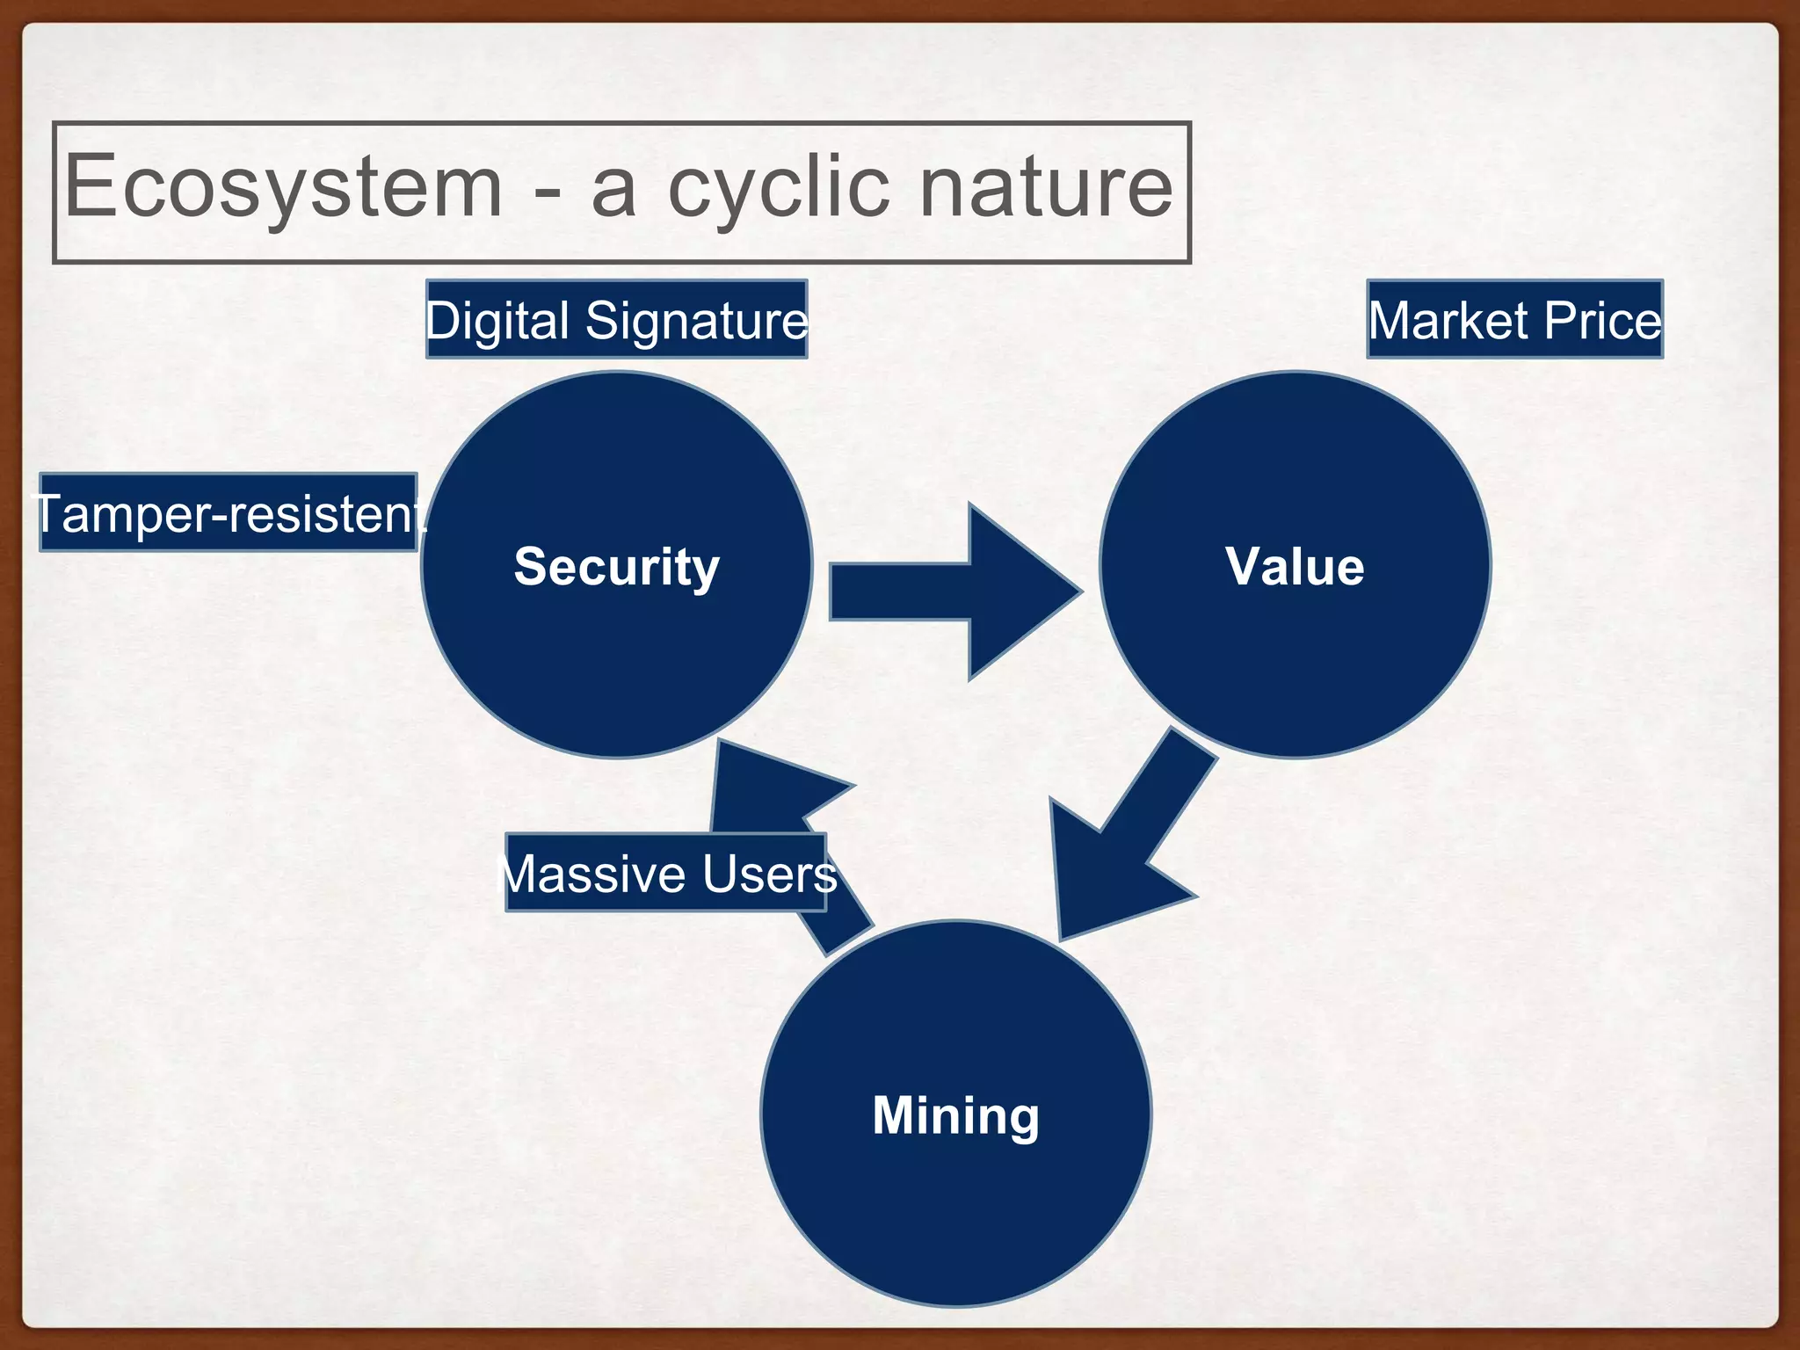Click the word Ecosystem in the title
coord(283,187)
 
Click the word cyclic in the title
coord(779,187)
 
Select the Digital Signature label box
coord(616,320)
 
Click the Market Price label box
coord(1514,320)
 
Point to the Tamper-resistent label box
coord(228,513)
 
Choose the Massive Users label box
coord(665,874)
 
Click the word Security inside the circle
coord(616,567)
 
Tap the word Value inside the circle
coord(1295,567)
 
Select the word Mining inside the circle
coord(955,1115)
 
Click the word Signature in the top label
coord(696,320)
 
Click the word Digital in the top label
coord(497,320)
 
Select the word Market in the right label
coord(1448,320)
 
